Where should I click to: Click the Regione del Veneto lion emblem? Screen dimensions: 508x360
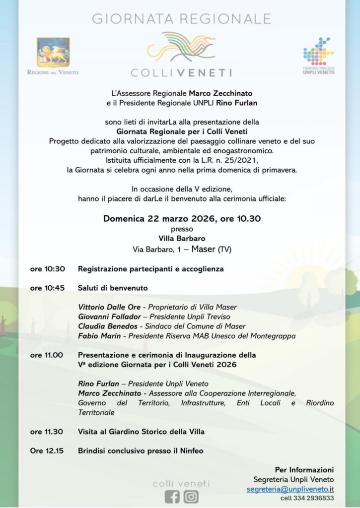point(53,52)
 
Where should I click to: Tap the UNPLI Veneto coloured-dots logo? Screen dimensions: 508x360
point(318,51)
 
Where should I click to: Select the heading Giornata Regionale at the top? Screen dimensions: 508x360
point(181,19)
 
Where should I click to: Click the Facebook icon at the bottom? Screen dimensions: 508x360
point(172,497)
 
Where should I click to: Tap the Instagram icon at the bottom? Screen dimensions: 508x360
point(191,497)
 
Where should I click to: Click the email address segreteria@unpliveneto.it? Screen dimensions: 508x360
point(290,489)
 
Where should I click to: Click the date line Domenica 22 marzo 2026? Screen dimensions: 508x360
point(182,219)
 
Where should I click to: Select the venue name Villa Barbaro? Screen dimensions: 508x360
point(181,238)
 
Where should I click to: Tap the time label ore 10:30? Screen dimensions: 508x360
point(47,269)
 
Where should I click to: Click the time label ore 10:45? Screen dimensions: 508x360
point(47,288)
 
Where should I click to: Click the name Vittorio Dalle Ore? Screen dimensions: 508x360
point(109,307)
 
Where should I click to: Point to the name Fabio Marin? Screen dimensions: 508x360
point(100,336)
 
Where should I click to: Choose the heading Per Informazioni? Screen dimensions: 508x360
point(304,470)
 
